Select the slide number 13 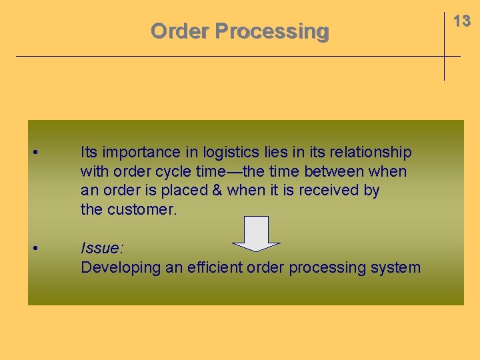pyautogui.click(x=462, y=21)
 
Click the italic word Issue pyautogui.click(x=101, y=249)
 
